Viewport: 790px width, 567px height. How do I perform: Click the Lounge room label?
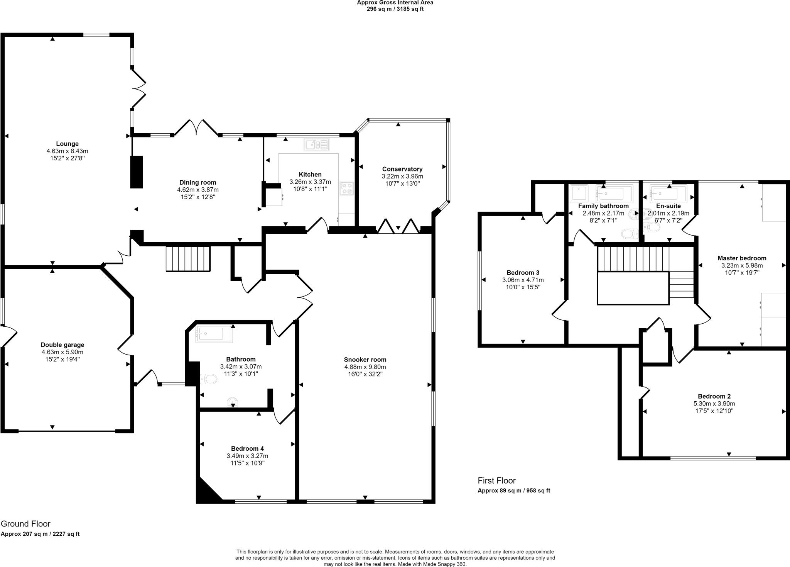[x=67, y=144]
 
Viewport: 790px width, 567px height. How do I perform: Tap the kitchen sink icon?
[x=316, y=145]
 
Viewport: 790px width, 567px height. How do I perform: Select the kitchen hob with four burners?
[x=346, y=188]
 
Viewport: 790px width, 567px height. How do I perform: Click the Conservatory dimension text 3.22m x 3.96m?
[x=402, y=176]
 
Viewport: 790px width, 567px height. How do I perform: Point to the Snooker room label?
[x=365, y=360]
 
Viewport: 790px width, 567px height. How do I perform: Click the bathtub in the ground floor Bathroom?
[x=214, y=334]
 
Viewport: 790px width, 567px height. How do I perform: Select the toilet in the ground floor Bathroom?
[x=209, y=379]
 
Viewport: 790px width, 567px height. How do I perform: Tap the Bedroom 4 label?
[x=247, y=448]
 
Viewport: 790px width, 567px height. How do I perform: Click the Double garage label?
[x=62, y=345]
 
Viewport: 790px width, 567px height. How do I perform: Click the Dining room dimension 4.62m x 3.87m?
[x=197, y=190]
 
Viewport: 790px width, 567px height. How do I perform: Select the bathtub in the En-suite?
[x=668, y=192]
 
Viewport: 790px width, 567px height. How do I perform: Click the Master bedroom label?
[x=741, y=258]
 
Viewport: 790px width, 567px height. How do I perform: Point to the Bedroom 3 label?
[x=523, y=273]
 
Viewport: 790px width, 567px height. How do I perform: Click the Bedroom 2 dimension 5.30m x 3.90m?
[x=714, y=404]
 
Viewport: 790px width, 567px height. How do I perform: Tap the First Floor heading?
[x=496, y=480]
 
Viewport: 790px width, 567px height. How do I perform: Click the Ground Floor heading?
[x=25, y=524]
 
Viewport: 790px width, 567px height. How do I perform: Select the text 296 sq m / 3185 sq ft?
[x=395, y=9]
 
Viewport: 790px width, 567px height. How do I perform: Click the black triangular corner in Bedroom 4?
[x=205, y=493]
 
